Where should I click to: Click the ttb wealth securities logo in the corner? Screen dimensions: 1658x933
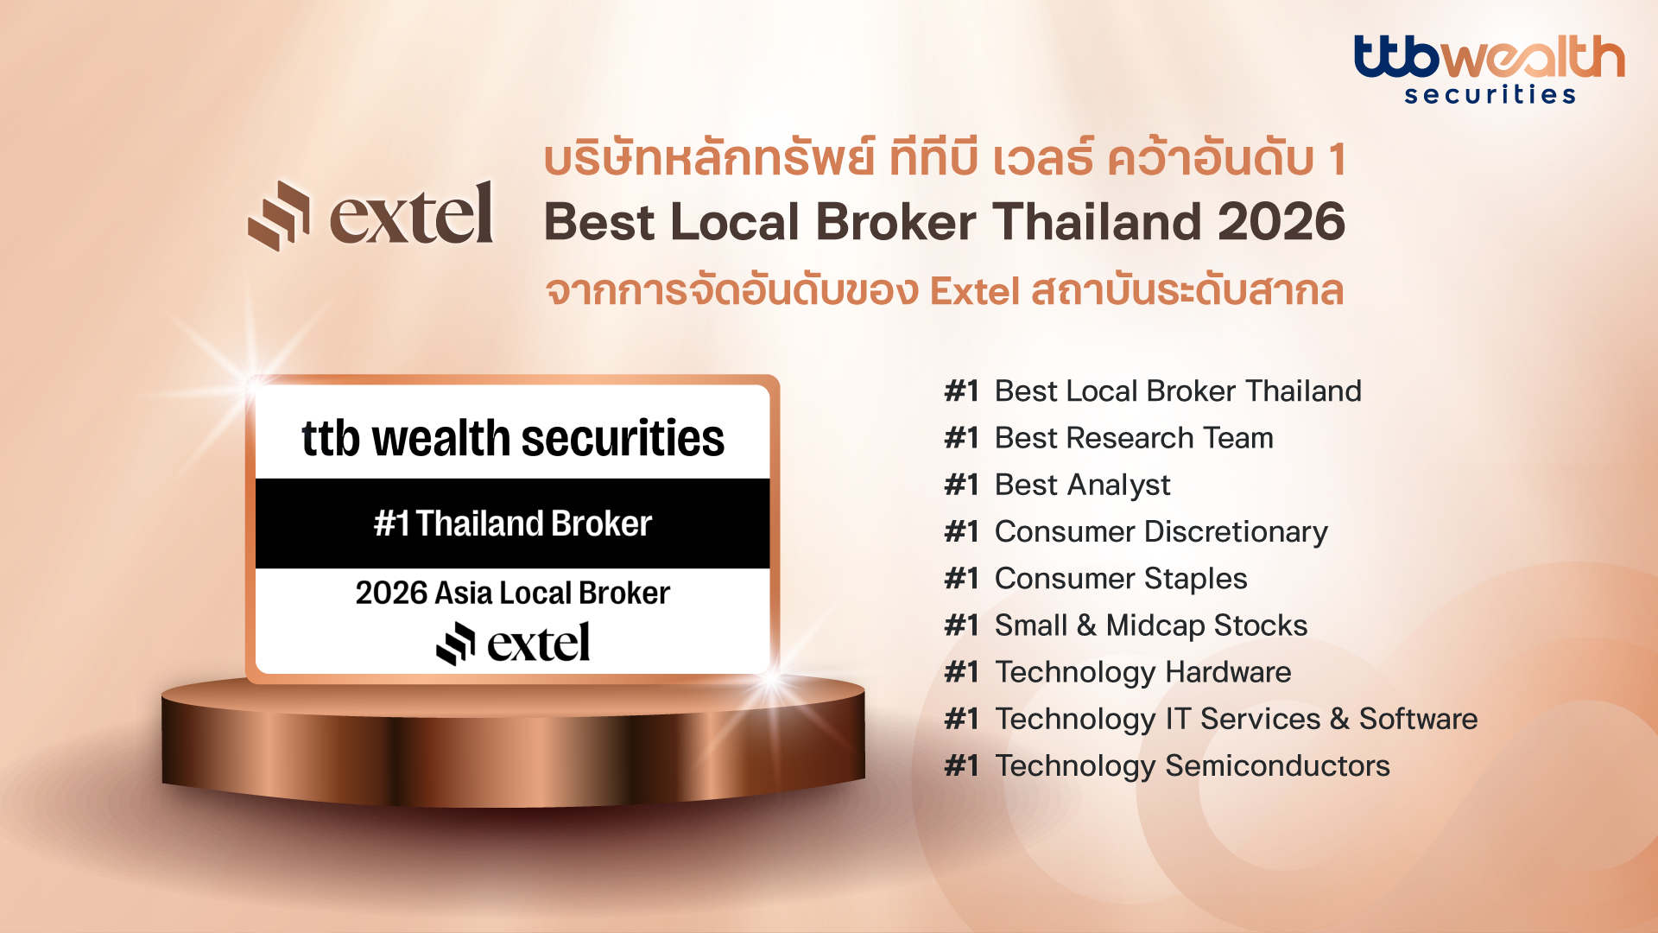(x=1489, y=69)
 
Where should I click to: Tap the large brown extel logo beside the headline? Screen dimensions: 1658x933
(x=370, y=215)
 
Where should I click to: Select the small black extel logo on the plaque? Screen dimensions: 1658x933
(x=513, y=644)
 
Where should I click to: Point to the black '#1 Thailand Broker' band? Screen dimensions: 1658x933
(x=513, y=524)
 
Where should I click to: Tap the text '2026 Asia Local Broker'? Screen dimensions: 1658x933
(x=513, y=593)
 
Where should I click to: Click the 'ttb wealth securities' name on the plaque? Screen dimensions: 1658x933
(x=513, y=438)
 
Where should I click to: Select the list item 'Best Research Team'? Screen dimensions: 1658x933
(x=1134, y=438)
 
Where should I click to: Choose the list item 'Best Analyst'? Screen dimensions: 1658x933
(x=1083, y=486)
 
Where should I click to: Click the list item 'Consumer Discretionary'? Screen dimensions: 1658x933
(x=1161, y=532)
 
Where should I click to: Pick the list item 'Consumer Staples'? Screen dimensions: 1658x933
(x=1121, y=579)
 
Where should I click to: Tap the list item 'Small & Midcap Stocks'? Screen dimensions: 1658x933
(x=1151, y=625)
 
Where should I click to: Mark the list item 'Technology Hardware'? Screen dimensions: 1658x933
(x=1143, y=672)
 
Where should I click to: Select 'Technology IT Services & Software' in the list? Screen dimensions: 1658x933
(x=1237, y=719)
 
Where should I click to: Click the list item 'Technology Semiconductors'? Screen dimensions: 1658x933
(x=1193, y=765)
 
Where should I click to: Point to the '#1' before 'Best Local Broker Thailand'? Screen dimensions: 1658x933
(x=962, y=391)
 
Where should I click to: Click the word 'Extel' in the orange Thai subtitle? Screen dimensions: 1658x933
(x=975, y=291)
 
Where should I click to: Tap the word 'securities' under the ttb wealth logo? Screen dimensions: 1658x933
(x=1490, y=93)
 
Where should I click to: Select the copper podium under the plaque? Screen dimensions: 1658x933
(x=513, y=741)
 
